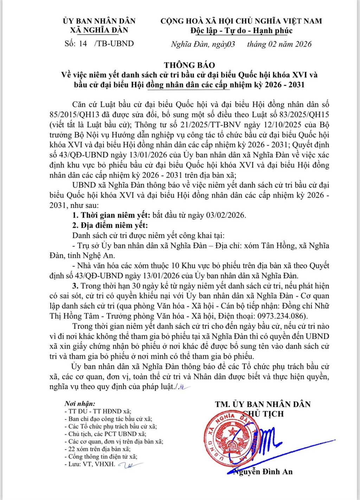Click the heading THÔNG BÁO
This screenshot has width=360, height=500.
tap(189, 65)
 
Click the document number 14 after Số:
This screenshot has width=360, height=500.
tap(83, 44)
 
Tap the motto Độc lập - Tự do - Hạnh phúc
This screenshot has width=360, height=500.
tap(242, 31)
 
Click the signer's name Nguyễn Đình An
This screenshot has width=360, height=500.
tap(264, 472)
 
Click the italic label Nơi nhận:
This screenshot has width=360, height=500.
tap(80, 404)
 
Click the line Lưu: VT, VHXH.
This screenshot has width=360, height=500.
tap(92, 464)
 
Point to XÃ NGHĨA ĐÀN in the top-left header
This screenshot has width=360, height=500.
tap(99, 30)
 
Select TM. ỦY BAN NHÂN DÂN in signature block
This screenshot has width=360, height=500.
tap(263, 404)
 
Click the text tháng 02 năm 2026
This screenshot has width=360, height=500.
tap(279, 44)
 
